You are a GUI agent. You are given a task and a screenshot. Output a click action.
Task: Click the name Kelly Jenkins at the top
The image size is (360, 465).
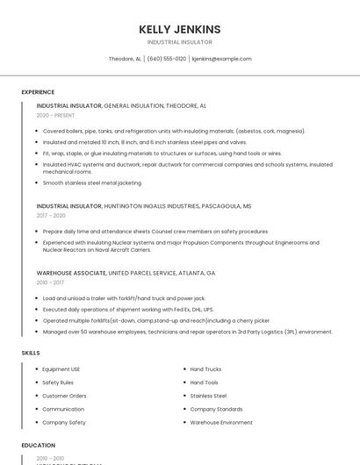click(x=180, y=29)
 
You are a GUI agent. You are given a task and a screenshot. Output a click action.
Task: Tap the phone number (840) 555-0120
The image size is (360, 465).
click(x=167, y=59)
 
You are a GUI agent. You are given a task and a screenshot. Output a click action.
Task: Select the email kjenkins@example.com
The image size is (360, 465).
click(x=221, y=59)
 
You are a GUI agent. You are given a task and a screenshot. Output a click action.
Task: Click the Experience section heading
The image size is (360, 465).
click(x=38, y=92)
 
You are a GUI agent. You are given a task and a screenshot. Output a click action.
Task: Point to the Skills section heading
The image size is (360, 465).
click(x=31, y=353)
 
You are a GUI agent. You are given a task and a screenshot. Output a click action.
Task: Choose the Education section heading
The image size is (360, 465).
click(x=38, y=446)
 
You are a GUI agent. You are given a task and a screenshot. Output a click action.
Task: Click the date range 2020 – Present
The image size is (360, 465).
click(x=55, y=115)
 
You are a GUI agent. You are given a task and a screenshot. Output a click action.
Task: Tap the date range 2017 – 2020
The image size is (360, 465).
click(x=51, y=215)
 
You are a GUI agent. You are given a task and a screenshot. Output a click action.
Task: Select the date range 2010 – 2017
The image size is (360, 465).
click(x=51, y=283)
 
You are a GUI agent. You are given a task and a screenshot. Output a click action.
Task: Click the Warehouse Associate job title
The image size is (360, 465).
click(x=71, y=273)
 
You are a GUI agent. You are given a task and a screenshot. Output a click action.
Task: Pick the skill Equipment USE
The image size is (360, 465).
click(x=61, y=369)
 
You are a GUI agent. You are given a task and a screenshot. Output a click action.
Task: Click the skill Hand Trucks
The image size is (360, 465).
click(x=205, y=369)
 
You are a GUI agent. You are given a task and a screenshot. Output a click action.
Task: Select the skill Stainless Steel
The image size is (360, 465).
click(x=208, y=396)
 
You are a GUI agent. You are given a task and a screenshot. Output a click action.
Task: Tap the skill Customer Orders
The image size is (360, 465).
click(x=65, y=396)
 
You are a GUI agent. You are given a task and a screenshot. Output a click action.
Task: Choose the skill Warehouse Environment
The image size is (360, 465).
click(x=221, y=422)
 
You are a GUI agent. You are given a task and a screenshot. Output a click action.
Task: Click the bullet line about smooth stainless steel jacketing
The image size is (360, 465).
click(x=91, y=182)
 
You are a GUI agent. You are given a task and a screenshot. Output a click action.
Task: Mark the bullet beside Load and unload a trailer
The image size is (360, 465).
click(x=37, y=297)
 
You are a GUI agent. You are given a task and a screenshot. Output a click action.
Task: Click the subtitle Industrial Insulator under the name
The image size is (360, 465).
click(x=180, y=42)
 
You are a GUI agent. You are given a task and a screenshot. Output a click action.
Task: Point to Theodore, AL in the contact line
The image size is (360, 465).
click(x=125, y=59)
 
